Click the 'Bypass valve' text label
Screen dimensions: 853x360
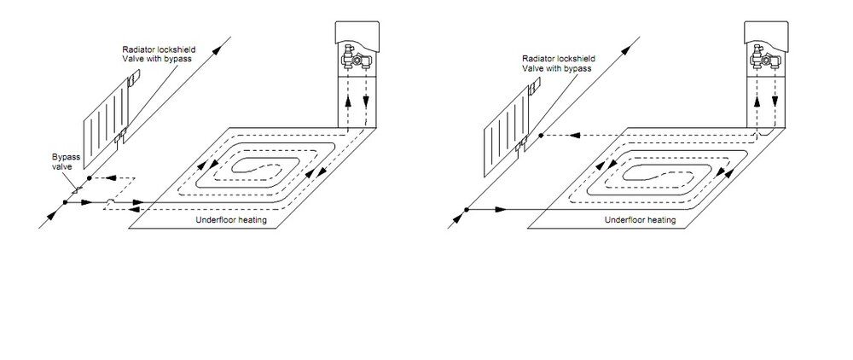pyautogui.click(x=63, y=161)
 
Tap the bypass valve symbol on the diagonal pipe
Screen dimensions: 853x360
pyautogui.click(x=77, y=189)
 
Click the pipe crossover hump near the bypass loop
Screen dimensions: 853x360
pyautogui.click(x=110, y=201)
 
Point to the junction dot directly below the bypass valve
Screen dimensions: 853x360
pyautogui.click(x=65, y=202)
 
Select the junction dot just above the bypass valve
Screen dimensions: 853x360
pyautogui.click(x=90, y=177)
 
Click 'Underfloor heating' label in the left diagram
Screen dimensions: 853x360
pyautogui.click(x=231, y=220)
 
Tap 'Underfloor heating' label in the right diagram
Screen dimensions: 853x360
pyautogui.click(x=641, y=220)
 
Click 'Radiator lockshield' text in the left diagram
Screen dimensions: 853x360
pyautogui.click(x=159, y=50)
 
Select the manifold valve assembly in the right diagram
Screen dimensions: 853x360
pyautogui.click(x=764, y=57)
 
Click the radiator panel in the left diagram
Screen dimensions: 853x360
pyautogui.click(x=105, y=125)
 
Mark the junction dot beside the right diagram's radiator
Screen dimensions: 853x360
pyautogui.click(x=540, y=135)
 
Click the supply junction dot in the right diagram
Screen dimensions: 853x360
pyautogui.click(x=467, y=209)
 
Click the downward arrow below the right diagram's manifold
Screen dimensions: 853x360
pyautogui.click(x=775, y=102)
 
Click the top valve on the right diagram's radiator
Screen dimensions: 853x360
pyautogui.click(x=534, y=84)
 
